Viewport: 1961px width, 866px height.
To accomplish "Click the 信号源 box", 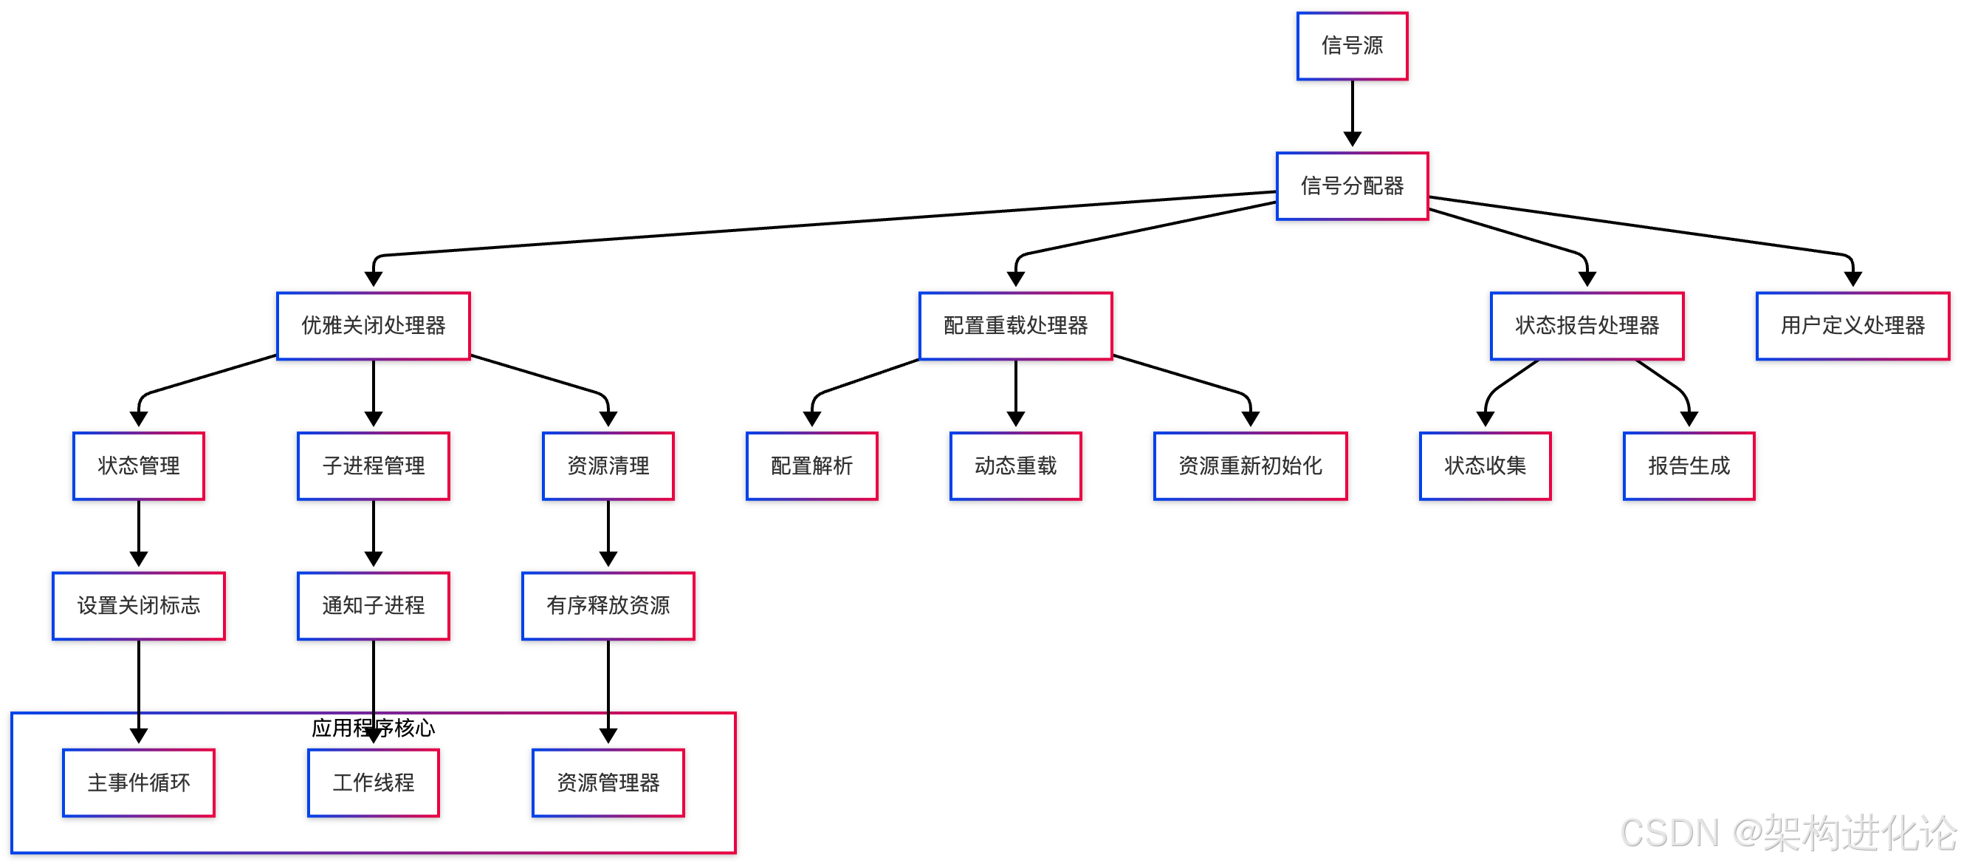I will coord(1352,46).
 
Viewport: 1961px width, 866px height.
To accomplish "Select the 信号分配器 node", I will coord(1352,186).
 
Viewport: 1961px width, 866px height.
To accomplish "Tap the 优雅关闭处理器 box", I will coord(373,326).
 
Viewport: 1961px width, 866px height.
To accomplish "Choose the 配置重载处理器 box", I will coord(1015,326).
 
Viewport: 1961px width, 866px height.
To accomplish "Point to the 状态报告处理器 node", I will coord(1587,326).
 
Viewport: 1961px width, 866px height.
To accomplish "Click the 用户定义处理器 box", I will coord(1852,326).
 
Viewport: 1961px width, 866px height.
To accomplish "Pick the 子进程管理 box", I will coord(373,466).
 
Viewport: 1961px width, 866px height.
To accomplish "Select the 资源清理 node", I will coord(608,466).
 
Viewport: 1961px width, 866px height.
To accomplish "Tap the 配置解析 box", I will coord(811,466).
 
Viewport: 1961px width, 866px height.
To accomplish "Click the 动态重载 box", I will coord(1015,466).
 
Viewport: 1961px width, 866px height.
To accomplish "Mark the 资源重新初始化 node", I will coord(1250,466).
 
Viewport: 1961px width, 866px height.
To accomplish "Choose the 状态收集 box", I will coord(1485,466).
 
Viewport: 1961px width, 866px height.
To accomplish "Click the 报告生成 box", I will coord(1689,466).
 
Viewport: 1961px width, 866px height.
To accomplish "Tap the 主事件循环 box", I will coord(139,783).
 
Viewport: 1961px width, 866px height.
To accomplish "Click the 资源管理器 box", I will coord(608,783).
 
